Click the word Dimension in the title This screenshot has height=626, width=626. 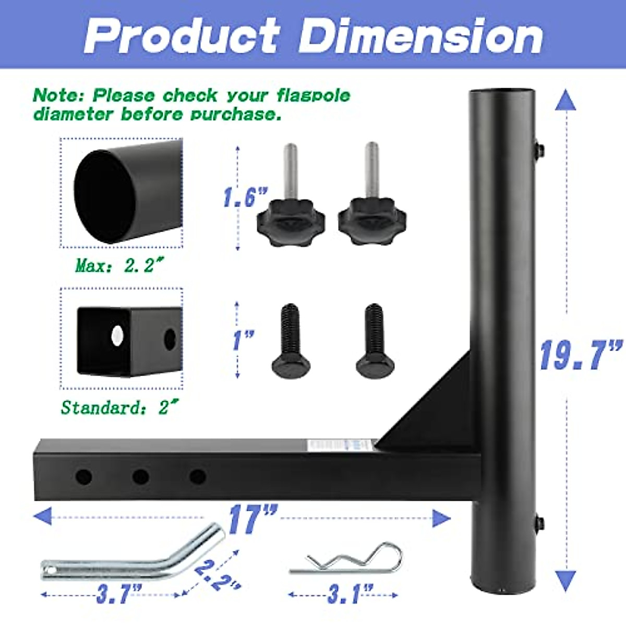pos(420,35)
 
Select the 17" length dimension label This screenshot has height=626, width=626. pos(252,519)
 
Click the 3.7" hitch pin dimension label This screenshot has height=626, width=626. pos(118,594)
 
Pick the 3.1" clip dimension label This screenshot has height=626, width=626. pos(350,594)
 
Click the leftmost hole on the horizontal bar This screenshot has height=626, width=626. pos(83,476)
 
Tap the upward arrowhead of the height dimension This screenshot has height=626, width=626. pos(565,99)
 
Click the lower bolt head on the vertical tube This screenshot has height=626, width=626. pos(540,522)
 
